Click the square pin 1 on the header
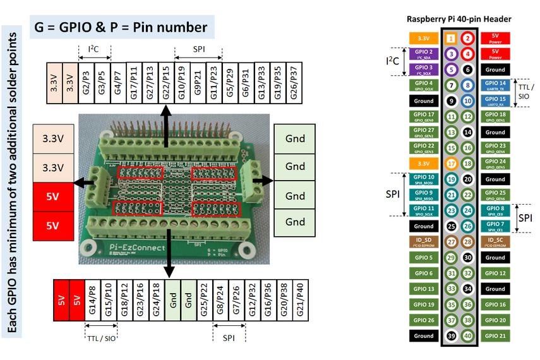tap(450, 39)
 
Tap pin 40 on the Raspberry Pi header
tap(467, 336)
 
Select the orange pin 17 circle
tap(450, 164)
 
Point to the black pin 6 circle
tap(467, 69)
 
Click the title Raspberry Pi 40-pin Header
tap(459, 19)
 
